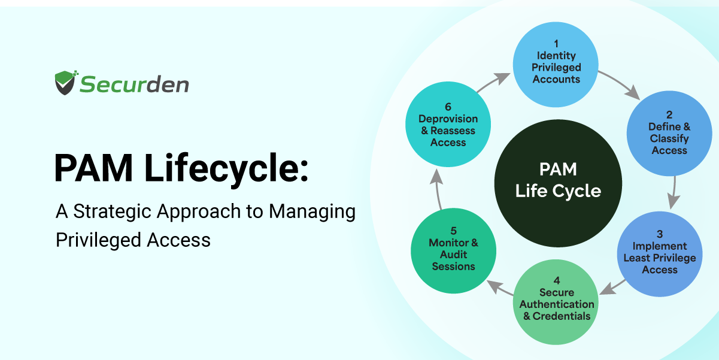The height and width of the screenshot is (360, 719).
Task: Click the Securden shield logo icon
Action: [66, 83]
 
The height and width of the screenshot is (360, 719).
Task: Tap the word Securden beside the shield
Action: [134, 84]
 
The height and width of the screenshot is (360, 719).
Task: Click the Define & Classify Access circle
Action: [669, 134]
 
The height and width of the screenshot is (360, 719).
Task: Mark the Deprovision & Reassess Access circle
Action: [448, 125]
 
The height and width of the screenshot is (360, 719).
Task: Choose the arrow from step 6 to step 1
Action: [494, 83]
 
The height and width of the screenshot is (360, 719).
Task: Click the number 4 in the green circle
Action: [557, 280]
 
